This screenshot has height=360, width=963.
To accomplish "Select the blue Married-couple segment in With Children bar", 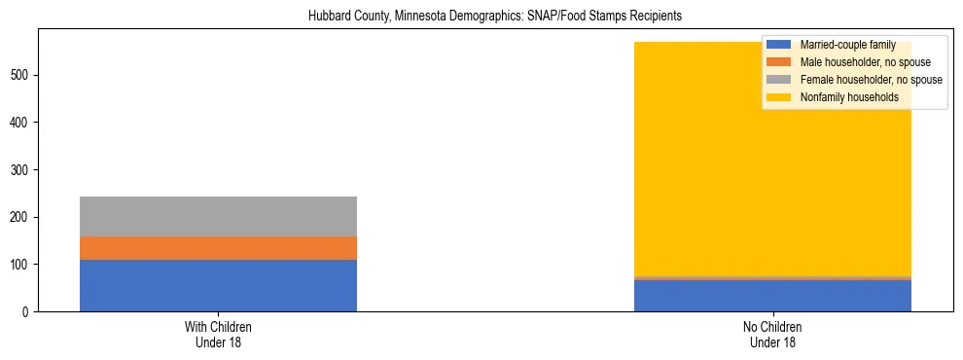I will click(218, 285).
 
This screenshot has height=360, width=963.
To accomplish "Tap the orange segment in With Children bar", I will click(218, 248).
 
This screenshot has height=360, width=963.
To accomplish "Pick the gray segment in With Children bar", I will click(218, 216).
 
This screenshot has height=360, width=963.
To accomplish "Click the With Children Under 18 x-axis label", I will click(218, 334).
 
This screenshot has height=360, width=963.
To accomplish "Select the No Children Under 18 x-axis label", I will click(772, 334).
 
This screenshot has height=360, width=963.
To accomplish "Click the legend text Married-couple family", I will click(847, 45).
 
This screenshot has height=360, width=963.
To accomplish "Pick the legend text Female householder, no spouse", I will click(871, 80).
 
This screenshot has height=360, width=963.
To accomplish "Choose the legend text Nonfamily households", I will click(849, 97).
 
